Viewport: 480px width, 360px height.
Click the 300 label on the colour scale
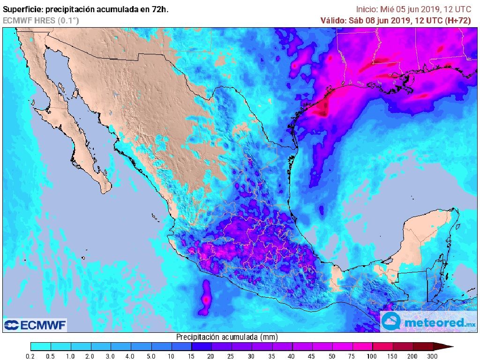pyautogui.click(x=432, y=357)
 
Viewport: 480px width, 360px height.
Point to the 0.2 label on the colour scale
pyautogui.click(x=30, y=357)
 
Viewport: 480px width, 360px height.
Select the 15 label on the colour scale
pyautogui.click(x=191, y=357)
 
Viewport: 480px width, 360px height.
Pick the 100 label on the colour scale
pyautogui.click(x=372, y=357)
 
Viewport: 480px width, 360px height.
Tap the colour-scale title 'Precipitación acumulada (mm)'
pyautogui.click(x=227, y=337)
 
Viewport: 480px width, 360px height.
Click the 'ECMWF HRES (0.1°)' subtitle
pyautogui.click(x=41, y=21)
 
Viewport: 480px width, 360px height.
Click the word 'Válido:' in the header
pyautogui.click(x=334, y=21)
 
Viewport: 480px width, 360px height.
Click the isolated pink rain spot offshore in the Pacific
pyautogui.click(x=205, y=299)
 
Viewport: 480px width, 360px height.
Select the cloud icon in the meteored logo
pyautogui.click(x=391, y=322)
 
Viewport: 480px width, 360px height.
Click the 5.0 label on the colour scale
pyautogui.click(x=151, y=357)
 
